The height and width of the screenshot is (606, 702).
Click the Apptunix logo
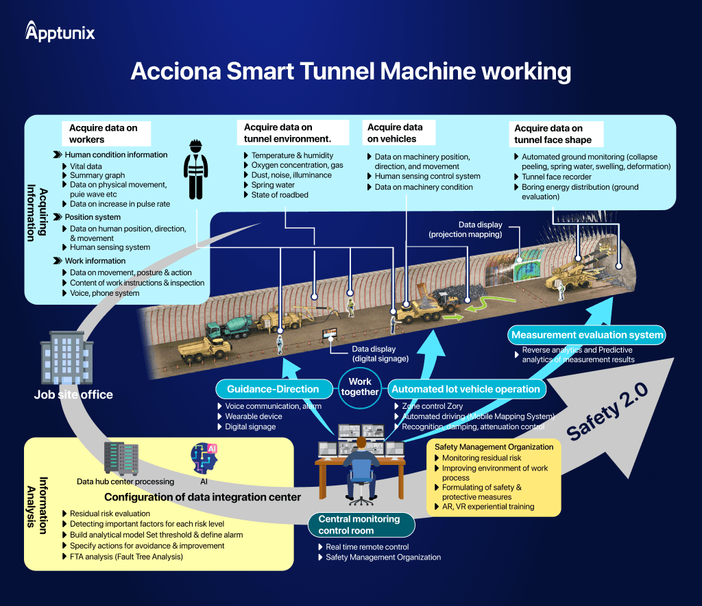pos(60,31)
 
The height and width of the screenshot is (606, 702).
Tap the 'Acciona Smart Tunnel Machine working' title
pos(350,71)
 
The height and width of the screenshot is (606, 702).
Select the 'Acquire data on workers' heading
pos(103,134)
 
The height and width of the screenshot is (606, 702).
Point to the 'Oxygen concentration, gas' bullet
pos(297,165)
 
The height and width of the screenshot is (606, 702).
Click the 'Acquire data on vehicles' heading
pos(395,133)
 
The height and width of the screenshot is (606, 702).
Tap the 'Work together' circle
pos(360,387)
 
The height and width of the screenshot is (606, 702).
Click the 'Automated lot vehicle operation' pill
pos(465,389)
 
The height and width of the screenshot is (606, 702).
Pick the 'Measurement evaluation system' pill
pos(587,335)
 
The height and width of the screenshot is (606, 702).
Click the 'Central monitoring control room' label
pos(359,525)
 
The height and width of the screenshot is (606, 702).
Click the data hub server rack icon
pos(121,458)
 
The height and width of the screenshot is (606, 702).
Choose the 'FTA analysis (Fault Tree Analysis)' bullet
pos(126,557)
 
